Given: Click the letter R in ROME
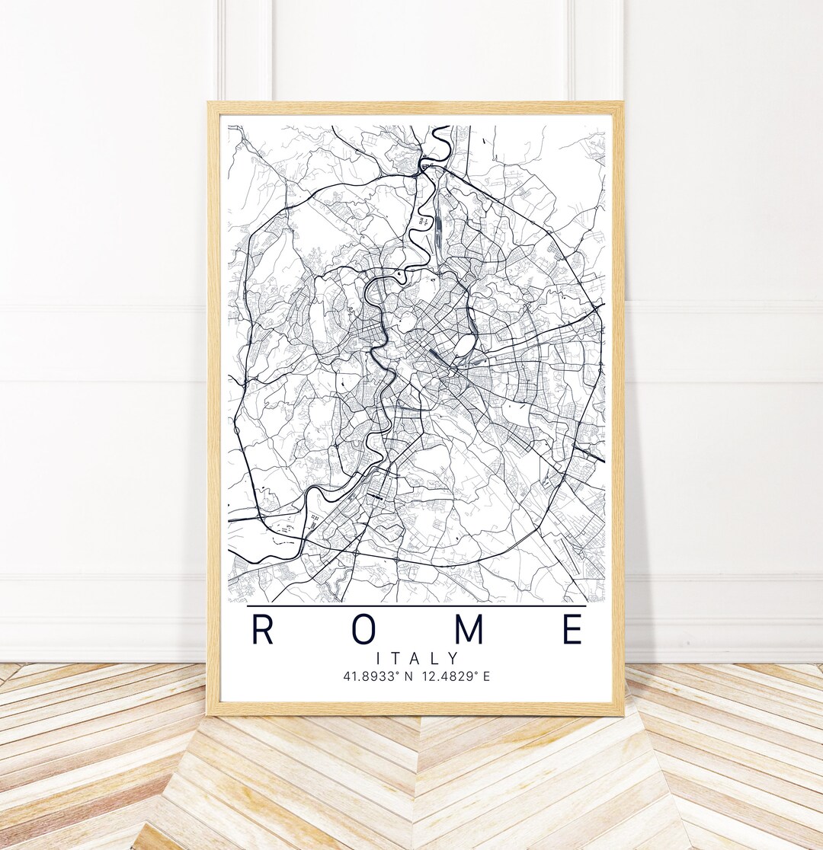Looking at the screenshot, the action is pyautogui.click(x=262, y=630).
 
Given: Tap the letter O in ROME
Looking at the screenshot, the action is pyautogui.click(x=365, y=630).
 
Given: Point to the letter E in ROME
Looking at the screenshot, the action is pyautogui.click(x=572, y=630).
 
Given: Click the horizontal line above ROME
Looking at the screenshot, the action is pyautogui.click(x=417, y=606).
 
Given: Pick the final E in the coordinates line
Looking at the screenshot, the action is pyautogui.click(x=488, y=676).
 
